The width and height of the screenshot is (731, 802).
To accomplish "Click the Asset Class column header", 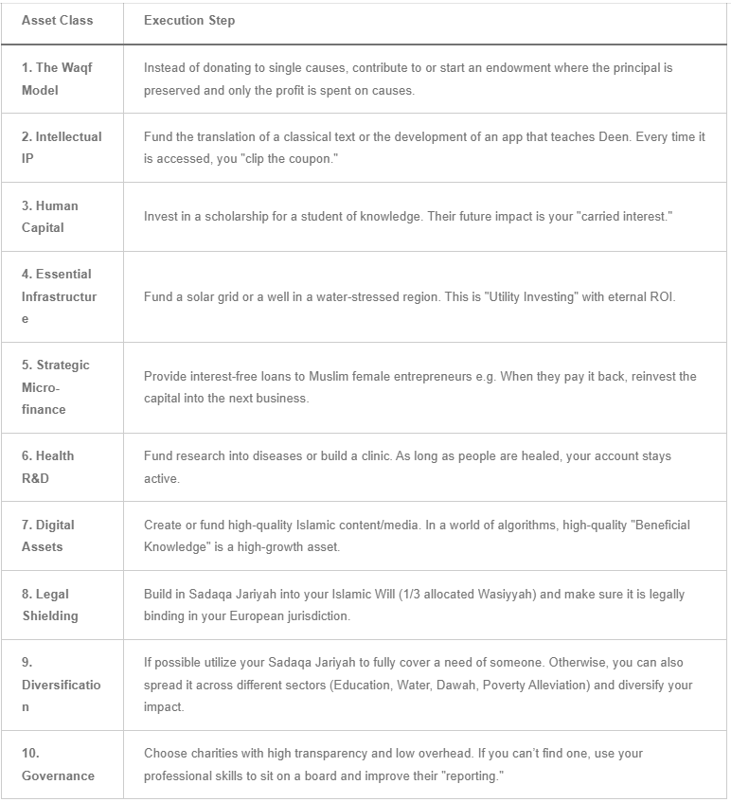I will click(57, 21).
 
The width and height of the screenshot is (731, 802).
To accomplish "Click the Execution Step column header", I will click(189, 21).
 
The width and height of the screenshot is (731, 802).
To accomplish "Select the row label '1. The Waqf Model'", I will click(57, 79).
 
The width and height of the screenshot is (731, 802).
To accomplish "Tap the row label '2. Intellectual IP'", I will click(62, 148).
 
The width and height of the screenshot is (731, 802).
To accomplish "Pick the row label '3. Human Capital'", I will click(50, 217).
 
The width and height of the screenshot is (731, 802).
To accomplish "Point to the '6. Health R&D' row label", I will click(47, 467).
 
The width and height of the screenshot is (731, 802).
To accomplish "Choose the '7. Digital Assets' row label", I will click(48, 536).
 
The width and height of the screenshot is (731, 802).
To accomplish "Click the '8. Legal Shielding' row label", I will click(50, 605).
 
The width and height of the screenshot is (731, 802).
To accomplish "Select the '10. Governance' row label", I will click(58, 764).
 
